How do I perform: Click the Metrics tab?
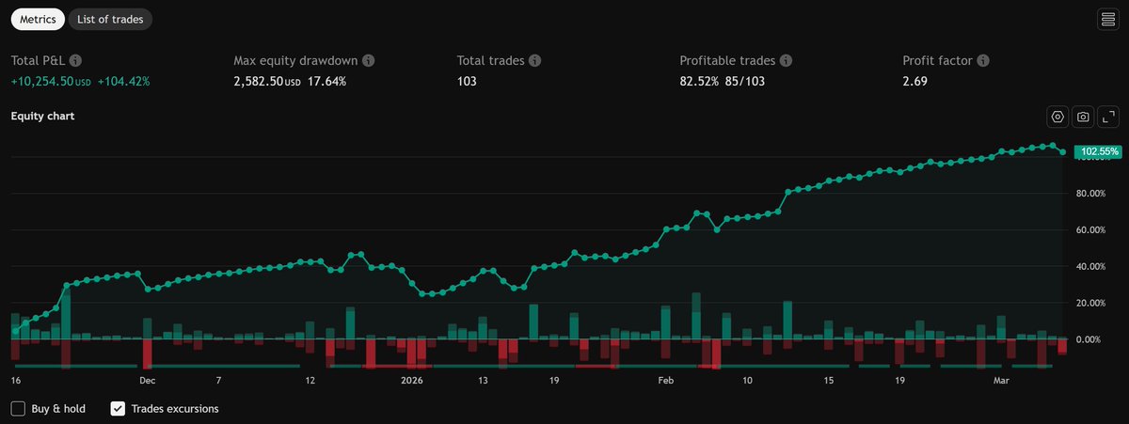point(38,19)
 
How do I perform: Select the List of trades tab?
point(110,19)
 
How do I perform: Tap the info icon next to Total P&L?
point(75,60)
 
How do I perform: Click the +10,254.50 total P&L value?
point(44,82)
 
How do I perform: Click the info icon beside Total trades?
point(534,60)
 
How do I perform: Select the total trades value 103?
point(467,82)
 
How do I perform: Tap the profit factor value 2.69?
point(914,82)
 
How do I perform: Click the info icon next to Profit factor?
point(983,60)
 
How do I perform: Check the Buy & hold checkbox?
point(18,409)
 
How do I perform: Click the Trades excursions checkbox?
point(118,409)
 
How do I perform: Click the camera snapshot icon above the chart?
point(1083,117)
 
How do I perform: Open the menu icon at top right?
point(1107,19)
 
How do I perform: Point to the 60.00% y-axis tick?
point(1091,229)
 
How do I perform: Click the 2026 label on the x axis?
point(412,381)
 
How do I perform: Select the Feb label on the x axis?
point(665,381)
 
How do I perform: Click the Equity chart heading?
point(42,117)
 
